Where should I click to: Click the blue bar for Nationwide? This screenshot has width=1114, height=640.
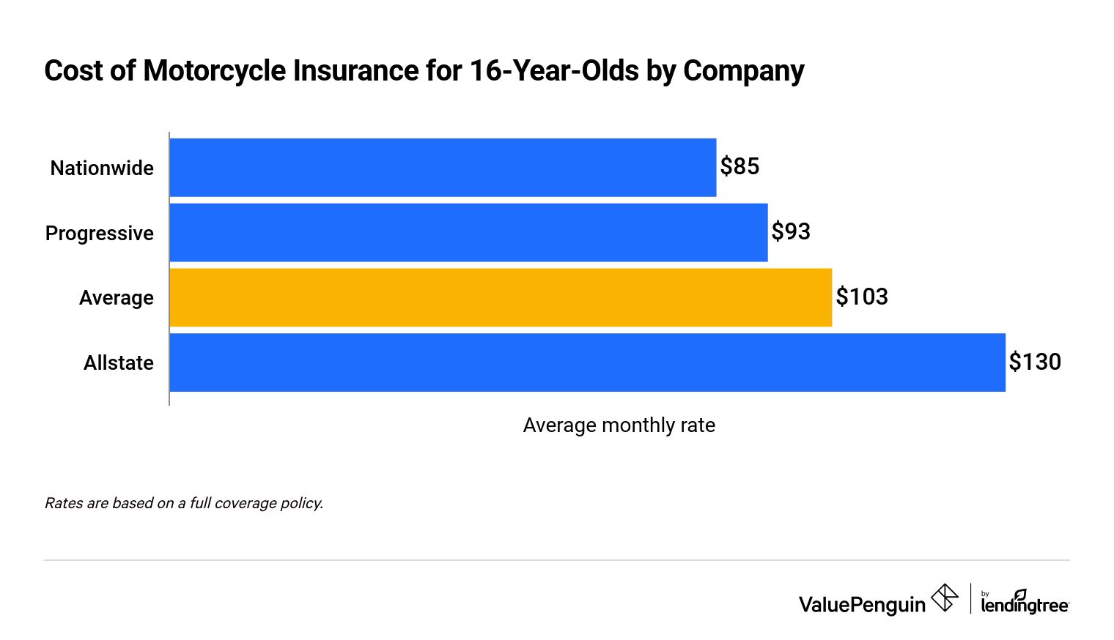click(443, 168)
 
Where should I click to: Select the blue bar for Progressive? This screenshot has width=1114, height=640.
click(468, 233)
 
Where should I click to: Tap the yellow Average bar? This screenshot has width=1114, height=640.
click(501, 297)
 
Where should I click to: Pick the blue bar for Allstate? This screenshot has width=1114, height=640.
click(587, 362)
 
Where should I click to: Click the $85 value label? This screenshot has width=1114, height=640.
click(739, 167)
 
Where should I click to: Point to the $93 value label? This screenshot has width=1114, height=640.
click(791, 232)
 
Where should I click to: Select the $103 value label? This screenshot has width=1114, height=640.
click(862, 297)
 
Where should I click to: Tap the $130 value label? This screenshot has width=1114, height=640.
click(1035, 362)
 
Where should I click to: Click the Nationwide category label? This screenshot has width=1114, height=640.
click(102, 168)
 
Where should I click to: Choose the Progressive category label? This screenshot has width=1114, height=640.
click(100, 234)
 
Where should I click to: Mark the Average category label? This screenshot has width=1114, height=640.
click(117, 298)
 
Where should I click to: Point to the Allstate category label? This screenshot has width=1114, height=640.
click(119, 363)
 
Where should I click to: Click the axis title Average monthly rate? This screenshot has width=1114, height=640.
click(619, 425)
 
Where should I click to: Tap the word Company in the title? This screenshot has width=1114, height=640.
click(743, 71)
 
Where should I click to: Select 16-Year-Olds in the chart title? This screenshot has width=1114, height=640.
click(554, 71)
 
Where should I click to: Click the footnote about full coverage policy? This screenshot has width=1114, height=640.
click(184, 503)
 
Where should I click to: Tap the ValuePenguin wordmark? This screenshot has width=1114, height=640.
click(862, 605)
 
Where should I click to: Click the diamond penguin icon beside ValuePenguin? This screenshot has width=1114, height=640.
click(945, 598)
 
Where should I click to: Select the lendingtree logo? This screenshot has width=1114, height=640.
click(1025, 602)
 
